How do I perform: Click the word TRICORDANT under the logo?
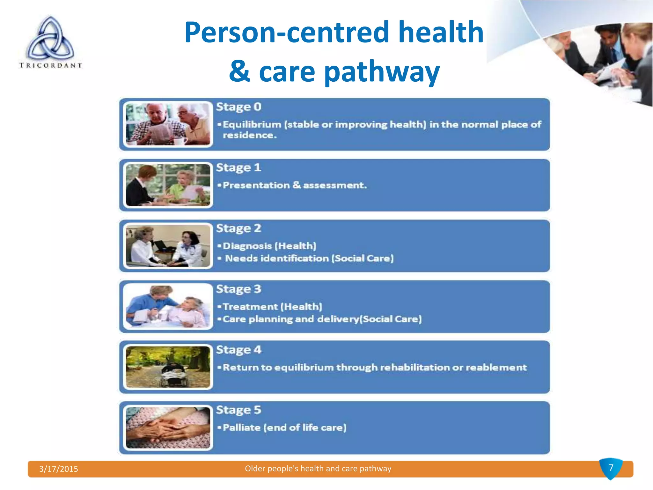[x=50, y=65]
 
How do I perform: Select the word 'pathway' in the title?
[x=382, y=72]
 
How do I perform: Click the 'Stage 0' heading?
[x=238, y=107]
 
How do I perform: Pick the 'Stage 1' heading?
[x=238, y=168]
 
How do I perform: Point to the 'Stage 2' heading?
[x=238, y=228]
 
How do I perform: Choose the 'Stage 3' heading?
[x=238, y=289]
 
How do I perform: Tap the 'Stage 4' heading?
[x=238, y=350]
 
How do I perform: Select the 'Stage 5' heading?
[x=238, y=410]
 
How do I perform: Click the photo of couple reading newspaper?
[x=168, y=124]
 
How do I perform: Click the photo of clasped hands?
[x=168, y=427]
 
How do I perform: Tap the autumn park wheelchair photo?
[x=168, y=367]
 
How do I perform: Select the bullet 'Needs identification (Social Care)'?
[x=309, y=258]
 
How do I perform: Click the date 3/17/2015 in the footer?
[x=59, y=469]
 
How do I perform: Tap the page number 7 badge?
[x=611, y=468]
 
